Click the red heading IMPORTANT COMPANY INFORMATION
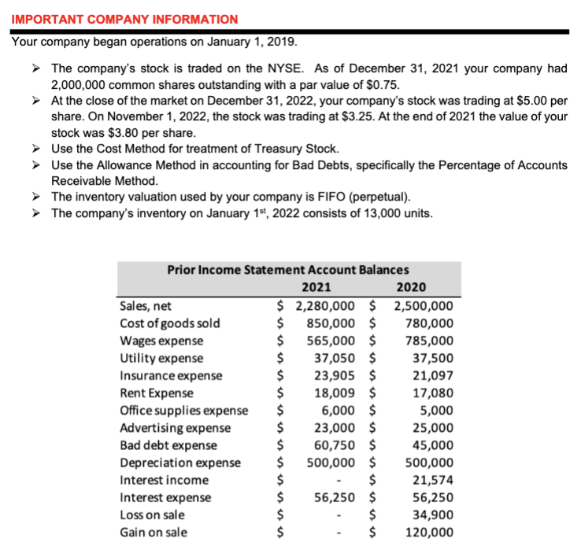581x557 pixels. [x=124, y=19]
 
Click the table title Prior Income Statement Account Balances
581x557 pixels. [x=287, y=269]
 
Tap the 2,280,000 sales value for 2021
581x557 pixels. [x=326, y=306]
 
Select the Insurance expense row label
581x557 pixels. [x=170, y=375]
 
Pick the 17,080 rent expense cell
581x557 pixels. [x=432, y=393]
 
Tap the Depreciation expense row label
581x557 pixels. [x=179, y=462]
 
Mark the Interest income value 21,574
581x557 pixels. [x=432, y=479]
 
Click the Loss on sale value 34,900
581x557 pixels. [x=432, y=515]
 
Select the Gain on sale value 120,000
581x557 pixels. [x=429, y=532]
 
